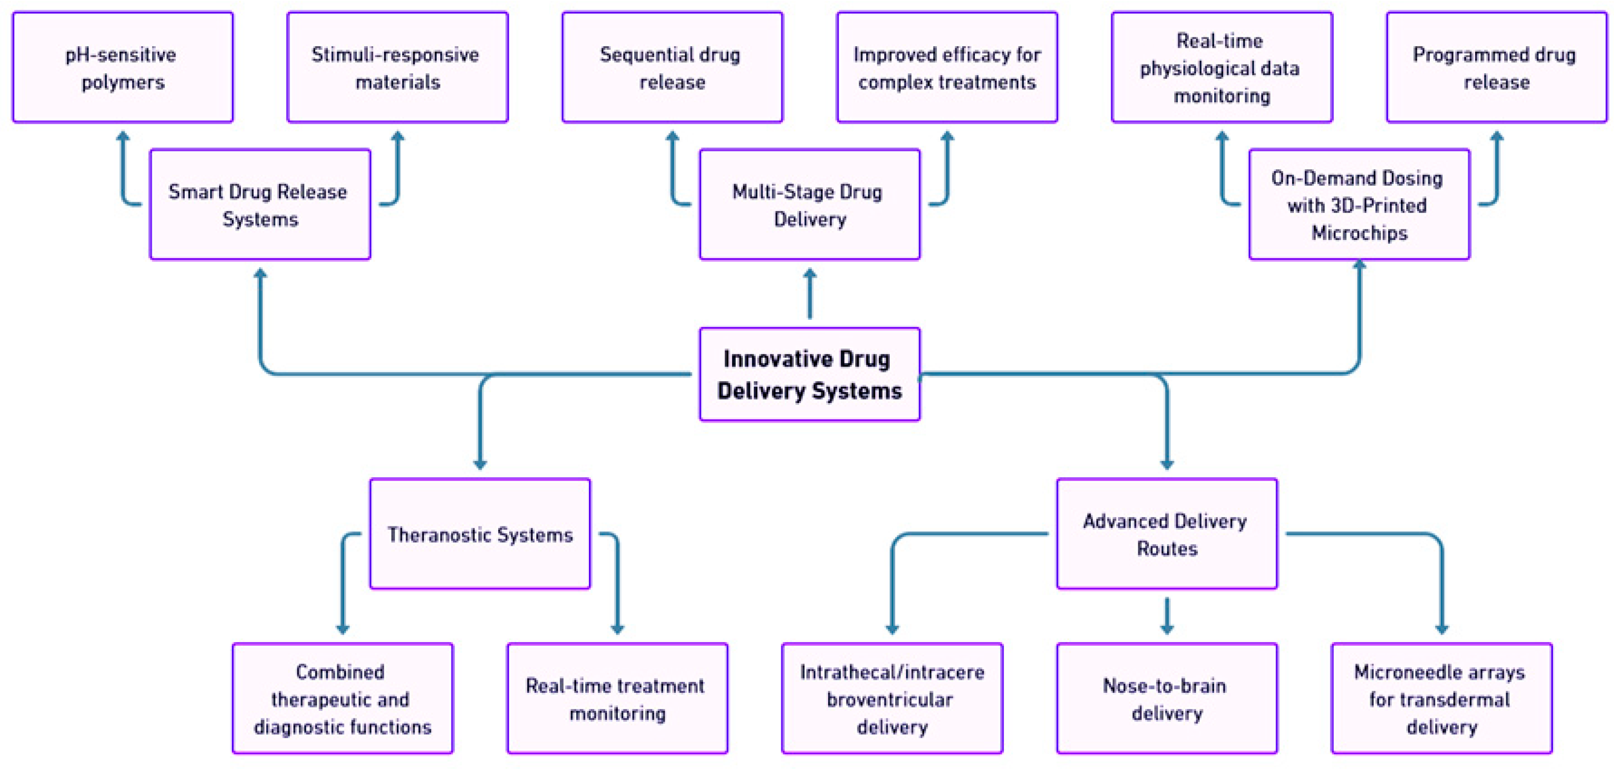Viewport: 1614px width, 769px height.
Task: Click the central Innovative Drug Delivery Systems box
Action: coord(809,374)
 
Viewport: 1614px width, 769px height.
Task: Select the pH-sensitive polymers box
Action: coord(123,67)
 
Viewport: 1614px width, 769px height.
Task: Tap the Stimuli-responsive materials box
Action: coord(397,67)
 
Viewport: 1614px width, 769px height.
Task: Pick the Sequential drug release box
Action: coord(672,67)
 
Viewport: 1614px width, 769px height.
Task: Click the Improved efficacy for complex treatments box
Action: coord(947,67)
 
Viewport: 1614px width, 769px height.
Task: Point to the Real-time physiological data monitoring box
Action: coord(1222,67)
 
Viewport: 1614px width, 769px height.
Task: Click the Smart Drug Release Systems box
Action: coord(260,205)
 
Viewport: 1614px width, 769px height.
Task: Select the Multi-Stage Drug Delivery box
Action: coord(809,205)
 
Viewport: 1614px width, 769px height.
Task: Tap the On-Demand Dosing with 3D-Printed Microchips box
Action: coord(1359,205)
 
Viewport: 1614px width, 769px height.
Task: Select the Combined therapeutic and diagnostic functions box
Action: coord(343,699)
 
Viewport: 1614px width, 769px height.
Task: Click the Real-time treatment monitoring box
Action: coord(617,699)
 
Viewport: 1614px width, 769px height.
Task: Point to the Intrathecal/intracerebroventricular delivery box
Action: coord(892,699)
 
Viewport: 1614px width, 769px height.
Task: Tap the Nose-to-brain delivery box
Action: coord(1166,699)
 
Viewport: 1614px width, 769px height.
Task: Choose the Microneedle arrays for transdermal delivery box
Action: coord(1442,699)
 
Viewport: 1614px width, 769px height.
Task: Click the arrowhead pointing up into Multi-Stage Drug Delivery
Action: coord(809,274)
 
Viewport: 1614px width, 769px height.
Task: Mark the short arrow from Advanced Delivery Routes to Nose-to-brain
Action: coord(1166,616)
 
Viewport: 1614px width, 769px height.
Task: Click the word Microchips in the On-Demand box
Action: coord(1359,233)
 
